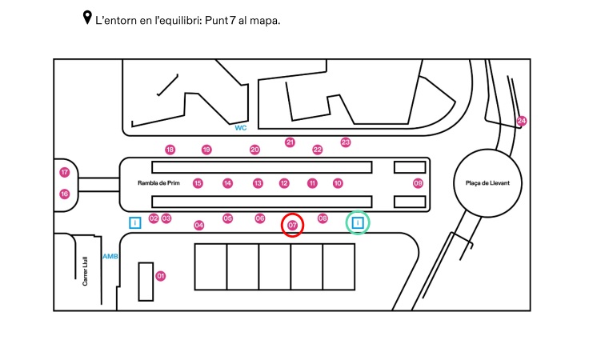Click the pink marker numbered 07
pos(293,226)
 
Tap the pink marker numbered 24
pos(522,121)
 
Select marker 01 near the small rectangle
pos(161,276)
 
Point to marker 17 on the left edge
pos(65,172)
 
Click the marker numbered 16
pos(65,194)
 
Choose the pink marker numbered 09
pos(418,183)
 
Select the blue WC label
pos(240,127)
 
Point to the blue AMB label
pos(110,256)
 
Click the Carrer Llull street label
pos(85,270)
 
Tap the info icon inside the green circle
pos(358,222)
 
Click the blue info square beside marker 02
pos(135,222)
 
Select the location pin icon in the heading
pos(87,18)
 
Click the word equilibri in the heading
pos(189,20)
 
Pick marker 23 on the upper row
pos(346,142)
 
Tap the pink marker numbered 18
pos(170,150)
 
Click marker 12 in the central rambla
pos(284,183)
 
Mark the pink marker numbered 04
pos(199,225)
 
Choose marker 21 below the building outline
pos(290,142)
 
